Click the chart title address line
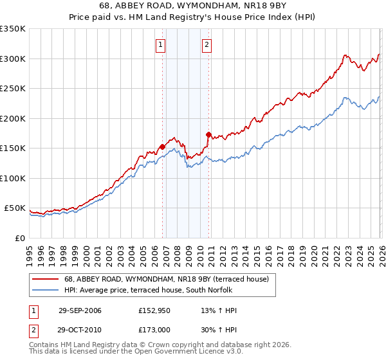pyautogui.click(x=192, y=6)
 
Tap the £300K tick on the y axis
pyautogui.click(x=13, y=59)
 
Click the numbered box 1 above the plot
pyautogui.click(x=160, y=45)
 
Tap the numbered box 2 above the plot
pyautogui.click(x=207, y=45)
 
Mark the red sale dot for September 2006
pyautogui.click(x=162, y=147)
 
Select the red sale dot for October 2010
pyautogui.click(x=208, y=134)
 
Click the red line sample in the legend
pyautogui.click(x=45, y=279)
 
